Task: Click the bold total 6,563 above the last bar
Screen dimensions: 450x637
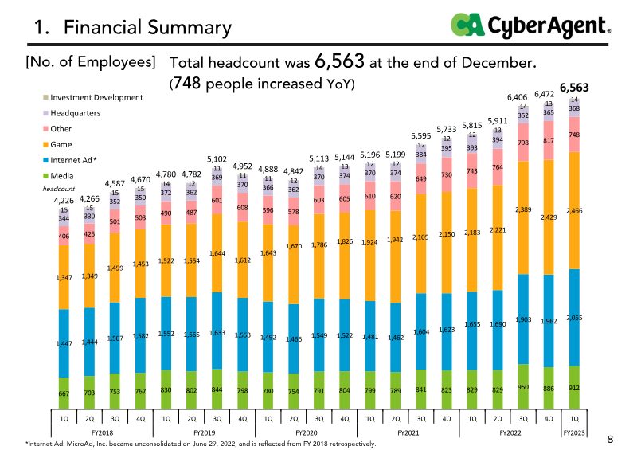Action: pyautogui.click(x=574, y=88)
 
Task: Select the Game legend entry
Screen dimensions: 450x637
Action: pyautogui.click(x=61, y=144)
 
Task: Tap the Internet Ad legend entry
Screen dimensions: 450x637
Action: pyautogui.click(x=73, y=160)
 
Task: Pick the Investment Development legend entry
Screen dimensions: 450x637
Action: pyautogui.click(x=96, y=97)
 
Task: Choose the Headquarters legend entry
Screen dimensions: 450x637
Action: pyautogui.click(x=75, y=113)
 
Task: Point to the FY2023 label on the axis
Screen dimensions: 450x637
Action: pyautogui.click(x=573, y=432)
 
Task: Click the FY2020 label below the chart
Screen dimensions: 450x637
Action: pyautogui.click(x=306, y=432)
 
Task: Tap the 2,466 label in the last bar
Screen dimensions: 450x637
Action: pyautogui.click(x=574, y=211)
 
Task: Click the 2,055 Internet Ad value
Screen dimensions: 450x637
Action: pyautogui.click(x=574, y=318)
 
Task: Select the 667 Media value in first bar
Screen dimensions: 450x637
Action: pyautogui.click(x=64, y=394)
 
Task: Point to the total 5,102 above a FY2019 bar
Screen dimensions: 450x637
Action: pyautogui.click(x=217, y=159)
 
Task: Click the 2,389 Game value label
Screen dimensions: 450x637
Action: pyautogui.click(x=522, y=209)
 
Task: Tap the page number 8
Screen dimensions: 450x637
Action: pyautogui.click(x=610, y=438)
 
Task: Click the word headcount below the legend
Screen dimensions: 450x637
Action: pyautogui.click(x=57, y=190)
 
